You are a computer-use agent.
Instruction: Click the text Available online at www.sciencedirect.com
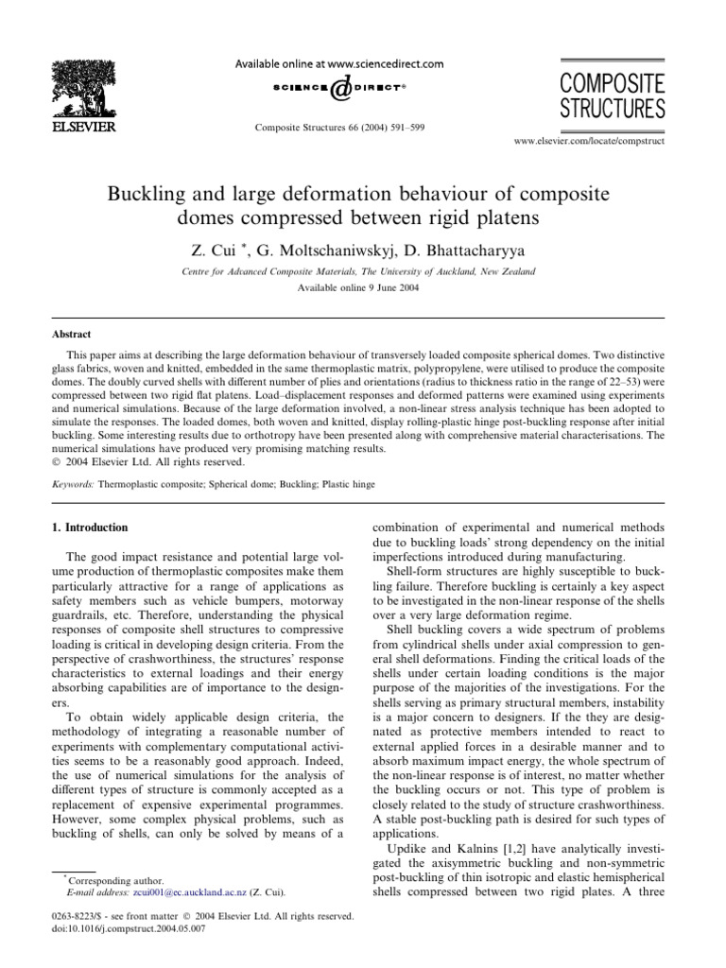tap(337, 63)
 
